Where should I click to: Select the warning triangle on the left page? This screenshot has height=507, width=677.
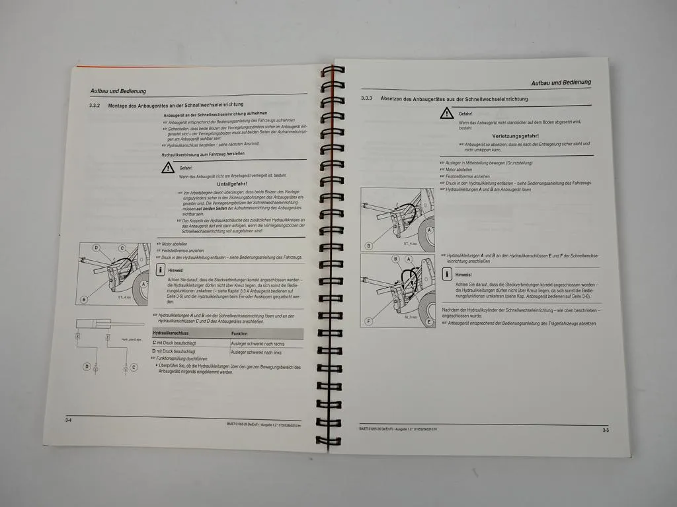(167, 168)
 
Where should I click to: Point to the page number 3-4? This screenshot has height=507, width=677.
(68, 420)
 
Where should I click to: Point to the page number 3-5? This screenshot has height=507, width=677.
(606, 430)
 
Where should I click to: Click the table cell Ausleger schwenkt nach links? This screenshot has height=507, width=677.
(256, 353)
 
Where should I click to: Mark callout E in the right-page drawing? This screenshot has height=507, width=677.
(429, 322)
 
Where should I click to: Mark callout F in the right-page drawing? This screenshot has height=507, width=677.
(368, 321)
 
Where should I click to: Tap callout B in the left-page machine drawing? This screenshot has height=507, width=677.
(84, 299)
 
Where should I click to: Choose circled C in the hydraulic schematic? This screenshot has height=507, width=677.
(134, 366)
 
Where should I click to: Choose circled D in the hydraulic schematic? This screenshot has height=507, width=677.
(87, 366)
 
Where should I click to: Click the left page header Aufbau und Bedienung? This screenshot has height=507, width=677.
(118, 91)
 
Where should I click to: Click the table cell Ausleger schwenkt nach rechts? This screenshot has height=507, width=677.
(257, 344)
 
